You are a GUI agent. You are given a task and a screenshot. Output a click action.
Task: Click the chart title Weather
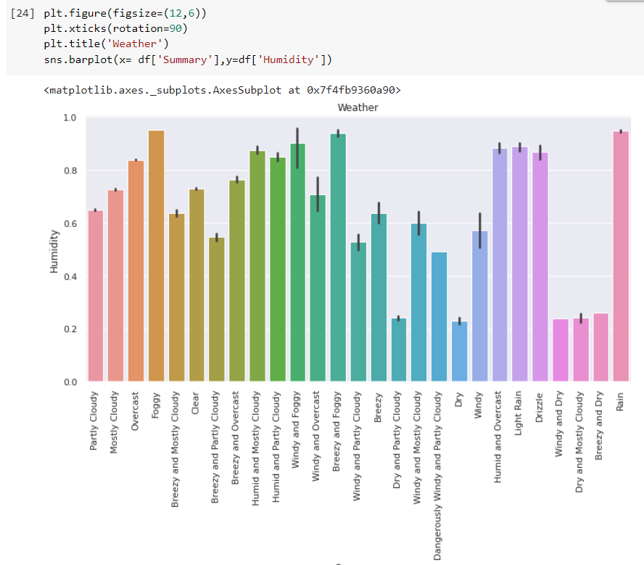click(x=358, y=107)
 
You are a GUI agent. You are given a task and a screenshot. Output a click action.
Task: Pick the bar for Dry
click(x=459, y=351)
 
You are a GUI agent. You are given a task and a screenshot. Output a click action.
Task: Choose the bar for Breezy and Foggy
click(x=338, y=257)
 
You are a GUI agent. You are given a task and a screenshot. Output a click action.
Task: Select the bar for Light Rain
click(x=519, y=264)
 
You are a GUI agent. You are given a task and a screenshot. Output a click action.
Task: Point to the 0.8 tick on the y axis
click(x=70, y=170)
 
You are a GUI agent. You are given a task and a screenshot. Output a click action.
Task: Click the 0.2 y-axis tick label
click(x=70, y=329)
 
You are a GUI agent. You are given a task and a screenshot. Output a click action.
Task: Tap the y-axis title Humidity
click(x=54, y=251)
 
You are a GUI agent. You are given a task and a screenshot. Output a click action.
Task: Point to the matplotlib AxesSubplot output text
click(x=222, y=91)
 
